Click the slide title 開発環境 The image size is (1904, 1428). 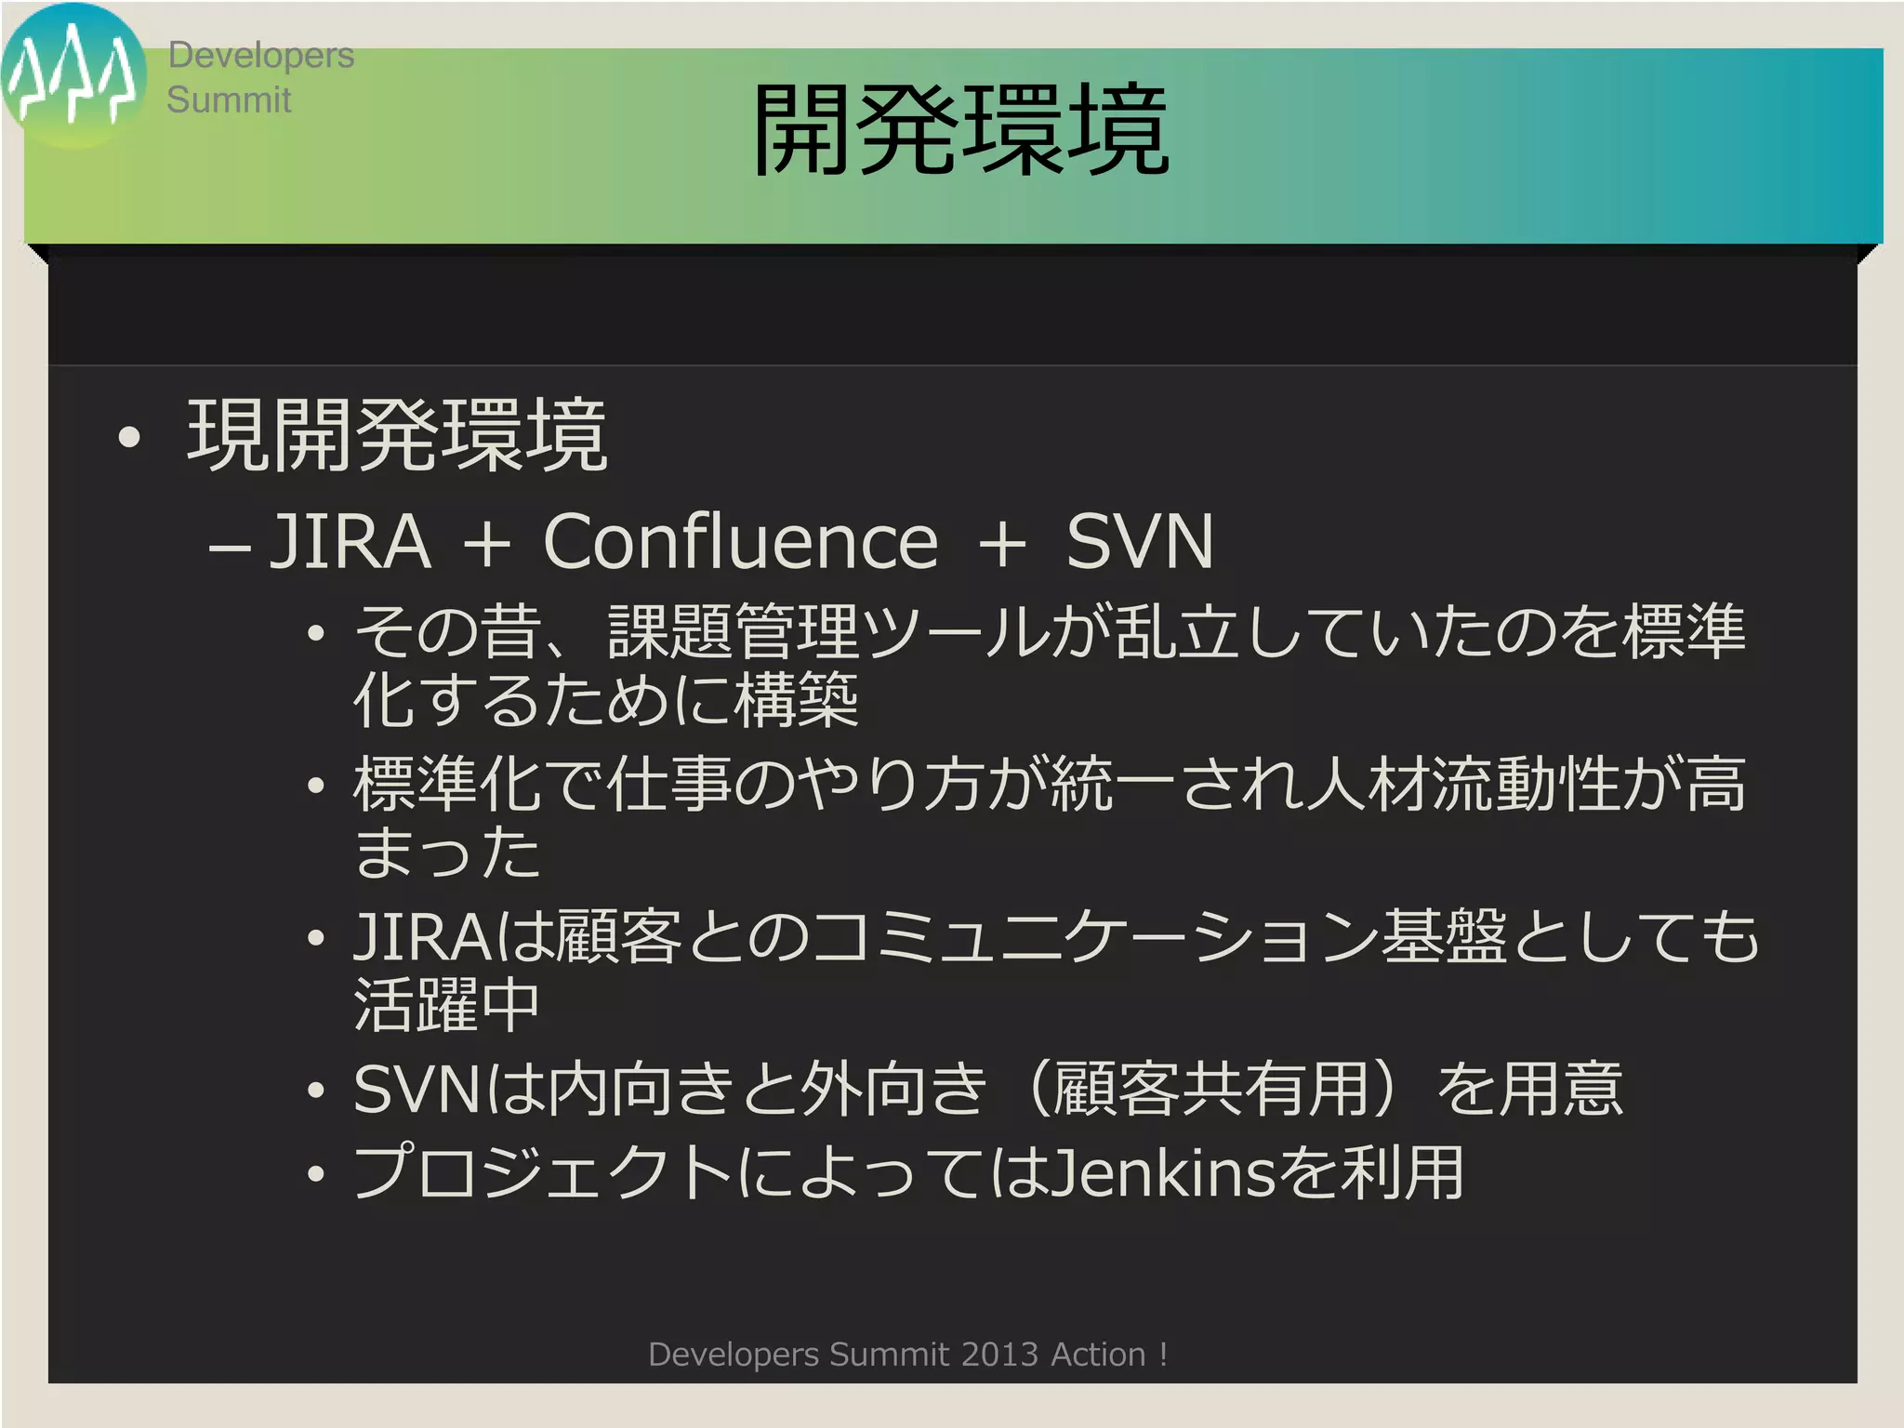959,130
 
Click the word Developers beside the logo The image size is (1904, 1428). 260,56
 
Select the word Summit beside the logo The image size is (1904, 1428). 229,100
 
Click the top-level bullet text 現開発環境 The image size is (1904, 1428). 397,435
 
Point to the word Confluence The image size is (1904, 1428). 740,541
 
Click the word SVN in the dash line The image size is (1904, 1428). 1139,541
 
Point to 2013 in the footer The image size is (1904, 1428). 999,1355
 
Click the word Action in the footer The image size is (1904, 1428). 1098,1355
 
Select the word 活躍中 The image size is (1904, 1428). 446,1004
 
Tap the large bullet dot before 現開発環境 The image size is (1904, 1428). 129,437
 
